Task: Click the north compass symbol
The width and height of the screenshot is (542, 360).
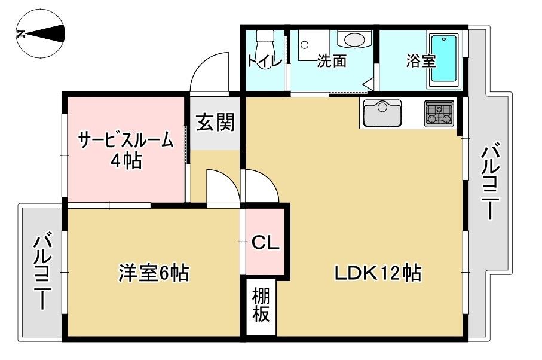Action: tap(41, 34)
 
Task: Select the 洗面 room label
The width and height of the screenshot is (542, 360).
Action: tap(332, 61)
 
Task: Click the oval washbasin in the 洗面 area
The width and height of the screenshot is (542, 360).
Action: tap(354, 40)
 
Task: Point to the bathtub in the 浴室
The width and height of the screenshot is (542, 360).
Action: tap(444, 58)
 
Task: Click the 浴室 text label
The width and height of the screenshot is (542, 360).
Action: tap(421, 62)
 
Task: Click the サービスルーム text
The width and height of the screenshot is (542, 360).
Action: tap(127, 141)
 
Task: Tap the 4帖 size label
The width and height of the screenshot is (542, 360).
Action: tap(127, 161)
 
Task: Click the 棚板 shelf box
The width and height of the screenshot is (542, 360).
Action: tap(261, 305)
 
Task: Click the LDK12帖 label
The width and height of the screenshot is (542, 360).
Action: tap(377, 274)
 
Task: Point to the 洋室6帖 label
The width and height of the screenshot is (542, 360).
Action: tap(153, 274)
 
